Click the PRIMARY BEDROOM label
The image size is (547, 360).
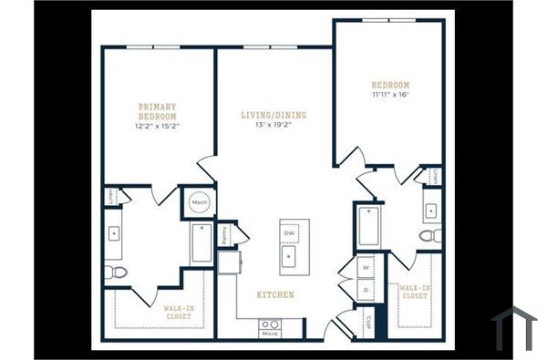point(157,112)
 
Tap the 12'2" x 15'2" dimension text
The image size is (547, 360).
point(157,126)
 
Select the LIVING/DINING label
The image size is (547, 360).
point(273,116)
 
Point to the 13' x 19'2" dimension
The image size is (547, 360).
point(273,126)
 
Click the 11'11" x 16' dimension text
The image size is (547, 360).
point(390,94)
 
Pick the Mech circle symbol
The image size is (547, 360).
point(198,202)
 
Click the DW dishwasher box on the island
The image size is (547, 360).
point(290,234)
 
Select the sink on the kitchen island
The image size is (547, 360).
point(290,256)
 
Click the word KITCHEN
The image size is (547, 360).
point(274,295)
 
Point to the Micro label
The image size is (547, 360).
point(270,334)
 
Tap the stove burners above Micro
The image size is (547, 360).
point(270,324)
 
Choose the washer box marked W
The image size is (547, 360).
point(366,268)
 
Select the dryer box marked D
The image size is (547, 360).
point(366,290)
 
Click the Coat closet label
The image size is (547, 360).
point(369,322)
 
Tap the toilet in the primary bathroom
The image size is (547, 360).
point(114,273)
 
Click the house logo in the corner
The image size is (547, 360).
point(514,328)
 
